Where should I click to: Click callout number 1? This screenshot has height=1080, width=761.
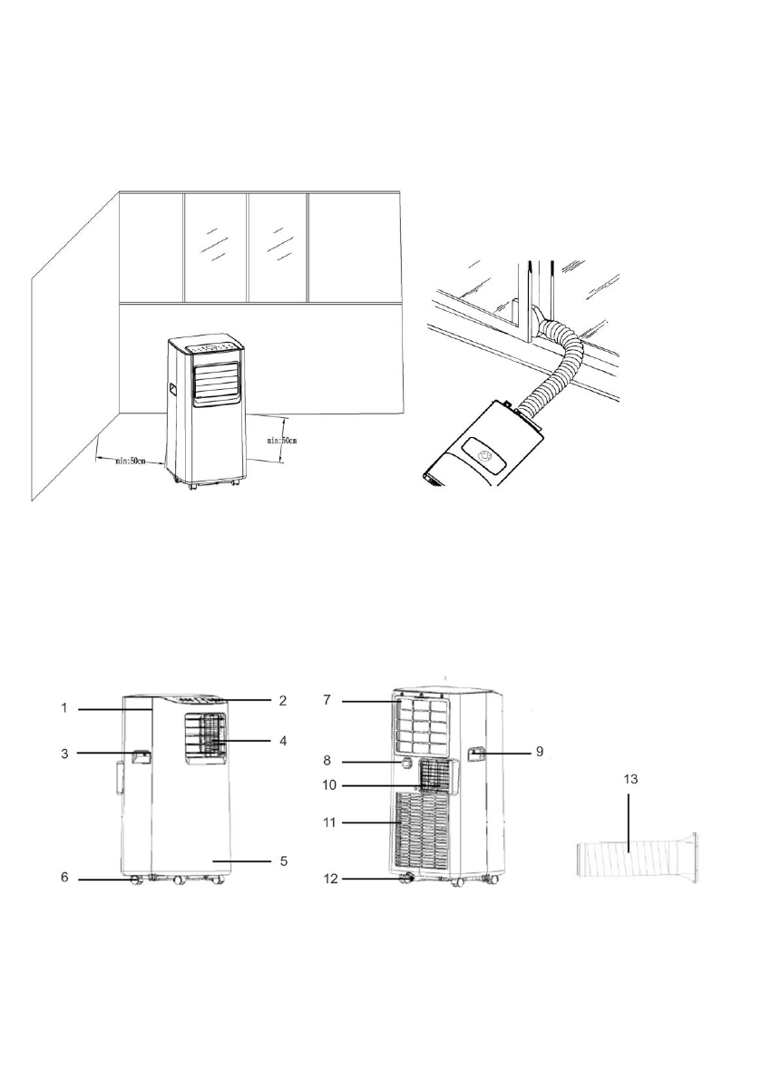tap(63, 708)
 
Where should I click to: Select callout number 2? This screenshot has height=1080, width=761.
tap(282, 700)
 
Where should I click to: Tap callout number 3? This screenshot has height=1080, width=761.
tap(64, 754)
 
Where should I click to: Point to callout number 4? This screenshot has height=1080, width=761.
tap(282, 741)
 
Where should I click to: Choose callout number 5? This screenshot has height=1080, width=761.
tap(282, 861)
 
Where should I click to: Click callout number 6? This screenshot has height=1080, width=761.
tap(64, 878)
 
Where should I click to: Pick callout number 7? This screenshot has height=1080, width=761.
tap(327, 700)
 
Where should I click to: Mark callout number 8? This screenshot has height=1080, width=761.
tap(327, 761)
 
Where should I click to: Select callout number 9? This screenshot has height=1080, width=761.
tap(540, 752)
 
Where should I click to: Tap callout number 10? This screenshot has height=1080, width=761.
tap(329, 785)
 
